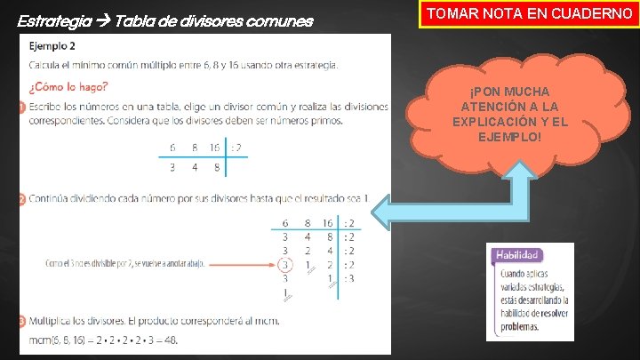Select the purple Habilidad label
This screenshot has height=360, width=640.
[518, 255]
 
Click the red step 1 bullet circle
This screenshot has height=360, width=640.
[20, 108]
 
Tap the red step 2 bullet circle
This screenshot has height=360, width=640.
[20, 199]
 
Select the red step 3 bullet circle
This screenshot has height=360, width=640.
[20, 318]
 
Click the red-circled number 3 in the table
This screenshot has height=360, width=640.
[284, 264]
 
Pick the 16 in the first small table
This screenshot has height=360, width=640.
[214, 148]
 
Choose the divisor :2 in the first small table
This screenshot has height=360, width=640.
[235, 148]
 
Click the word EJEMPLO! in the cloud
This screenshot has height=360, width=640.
[509, 135]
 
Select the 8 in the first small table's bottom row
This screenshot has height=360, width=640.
[214, 165]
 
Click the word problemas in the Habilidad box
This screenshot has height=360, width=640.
[518, 327]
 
